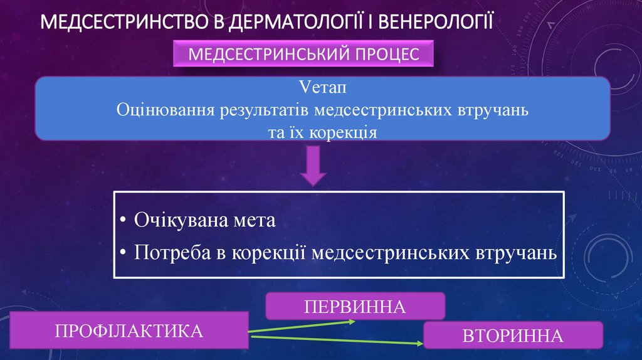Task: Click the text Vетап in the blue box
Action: (x=322, y=87)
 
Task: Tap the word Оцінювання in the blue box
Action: (x=165, y=110)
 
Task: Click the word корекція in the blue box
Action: (x=345, y=132)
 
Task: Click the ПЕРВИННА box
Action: (x=355, y=307)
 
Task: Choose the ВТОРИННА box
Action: (x=512, y=335)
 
